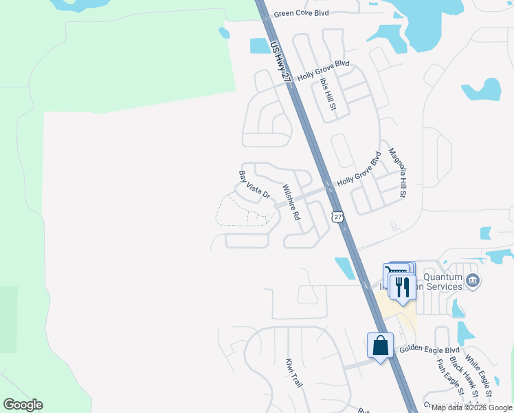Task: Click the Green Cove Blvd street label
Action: (301, 13)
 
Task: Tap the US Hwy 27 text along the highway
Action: (282, 62)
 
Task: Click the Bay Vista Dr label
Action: (254, 184)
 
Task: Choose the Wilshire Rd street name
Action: (291, 202)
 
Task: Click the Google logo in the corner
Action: (23, 405)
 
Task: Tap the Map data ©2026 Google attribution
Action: (472, 407)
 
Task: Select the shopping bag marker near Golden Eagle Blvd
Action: (380, 346)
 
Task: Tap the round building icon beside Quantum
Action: (472, 280)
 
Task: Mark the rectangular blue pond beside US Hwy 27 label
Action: (260, 46)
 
